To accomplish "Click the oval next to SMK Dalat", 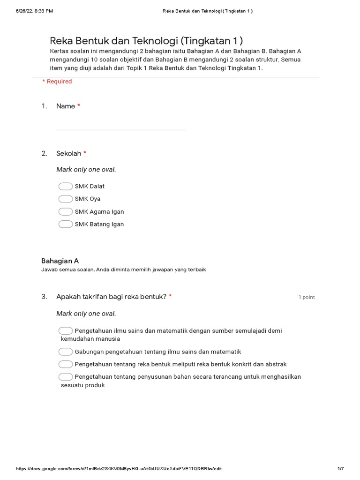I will click(66, 186).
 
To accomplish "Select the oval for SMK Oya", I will click(66, 199).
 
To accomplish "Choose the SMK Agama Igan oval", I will click(66, 211).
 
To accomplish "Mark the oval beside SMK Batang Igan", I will click(66, 224).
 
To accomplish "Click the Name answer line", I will click(120, 129).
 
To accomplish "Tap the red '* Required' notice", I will click(57, 82).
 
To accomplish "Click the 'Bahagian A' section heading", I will click(60, 261).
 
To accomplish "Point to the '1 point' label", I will click(307, 297).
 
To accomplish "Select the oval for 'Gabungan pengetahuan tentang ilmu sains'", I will click(66, 352).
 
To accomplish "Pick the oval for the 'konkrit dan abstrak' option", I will click(66, 364).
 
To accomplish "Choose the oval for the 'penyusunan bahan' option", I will click(66, 377).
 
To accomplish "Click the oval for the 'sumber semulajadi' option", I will click(66, 331).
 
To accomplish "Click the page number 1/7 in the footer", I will click(341, 469).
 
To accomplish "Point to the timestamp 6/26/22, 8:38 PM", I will click(34, 11).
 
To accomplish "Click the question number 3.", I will click(44, 297).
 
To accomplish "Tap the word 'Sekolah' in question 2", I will click(68, 153).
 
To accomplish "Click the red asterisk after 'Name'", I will click(79, 106).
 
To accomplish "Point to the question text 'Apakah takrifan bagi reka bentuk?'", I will click(111, 297).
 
